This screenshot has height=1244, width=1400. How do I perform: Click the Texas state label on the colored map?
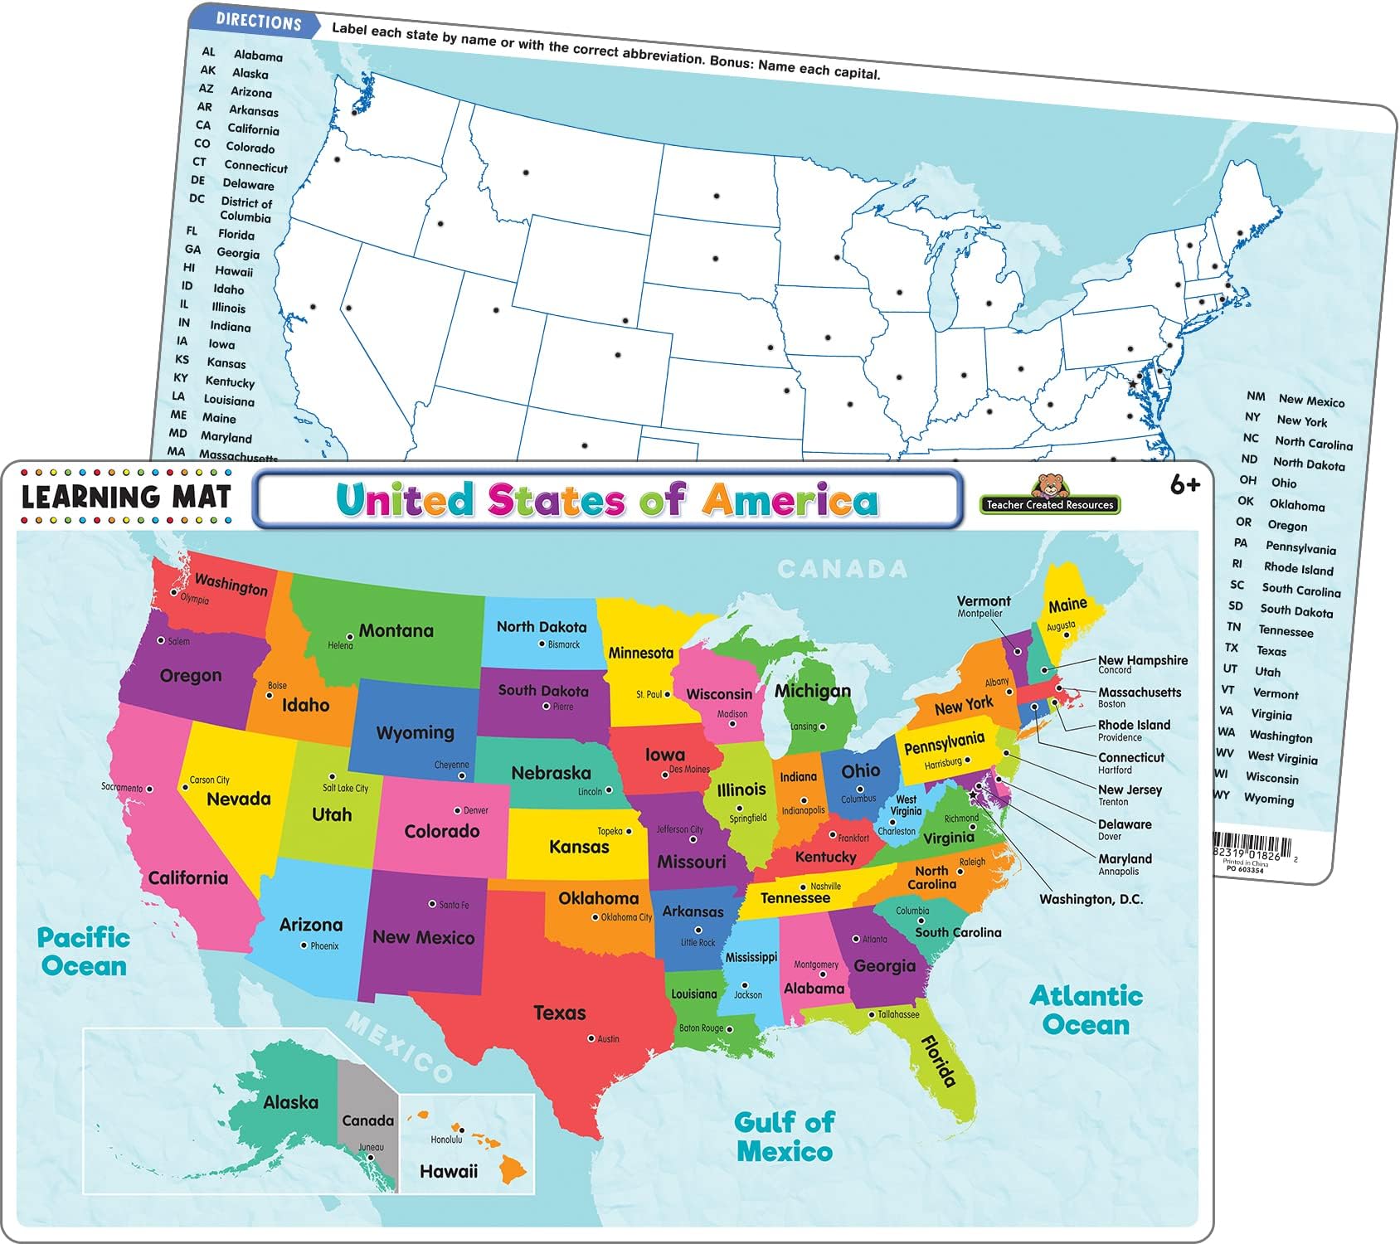(559, 1013)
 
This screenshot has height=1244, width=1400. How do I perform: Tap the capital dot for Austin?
(591, 1038)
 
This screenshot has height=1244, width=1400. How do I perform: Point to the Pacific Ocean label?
(83, 952)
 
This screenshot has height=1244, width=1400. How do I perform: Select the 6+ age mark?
(1184, 485)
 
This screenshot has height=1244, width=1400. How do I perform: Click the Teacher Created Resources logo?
(1049, 497)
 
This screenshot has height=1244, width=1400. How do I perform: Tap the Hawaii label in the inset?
(448, 1171)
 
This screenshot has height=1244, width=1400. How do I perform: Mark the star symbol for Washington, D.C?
(973, 795)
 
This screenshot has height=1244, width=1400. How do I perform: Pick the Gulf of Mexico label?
(784, 1137)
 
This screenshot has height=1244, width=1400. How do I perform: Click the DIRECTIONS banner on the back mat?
(258, 22)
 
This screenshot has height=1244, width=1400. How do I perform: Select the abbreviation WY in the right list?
(1221, 795)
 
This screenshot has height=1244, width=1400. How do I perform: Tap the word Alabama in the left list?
(258, 56)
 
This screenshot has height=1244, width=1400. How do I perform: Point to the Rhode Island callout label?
(1134, 725)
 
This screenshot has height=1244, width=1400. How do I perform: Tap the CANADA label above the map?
(842, 569)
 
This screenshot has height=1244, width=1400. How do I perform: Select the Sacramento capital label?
(122, 787)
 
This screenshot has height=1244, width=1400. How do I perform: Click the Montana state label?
(396, 631)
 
